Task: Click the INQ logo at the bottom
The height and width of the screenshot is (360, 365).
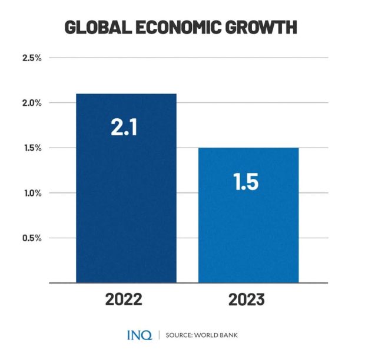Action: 140,335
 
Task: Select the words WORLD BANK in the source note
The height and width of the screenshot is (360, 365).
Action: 217,336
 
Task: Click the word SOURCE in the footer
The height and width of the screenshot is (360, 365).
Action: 180,336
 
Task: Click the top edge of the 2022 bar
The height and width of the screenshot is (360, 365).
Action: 126,94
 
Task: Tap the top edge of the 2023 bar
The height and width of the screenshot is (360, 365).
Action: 248,148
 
